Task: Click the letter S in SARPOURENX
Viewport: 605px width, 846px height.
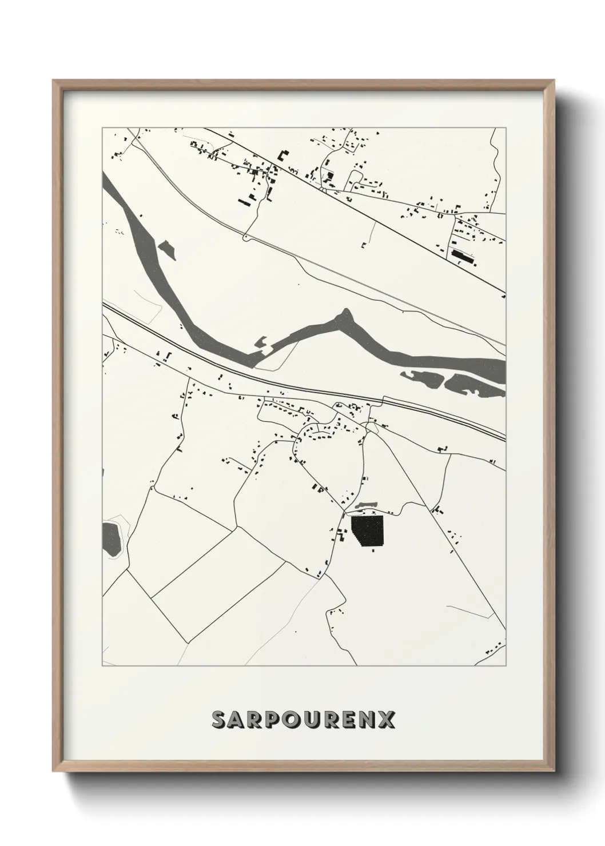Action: point(220,720)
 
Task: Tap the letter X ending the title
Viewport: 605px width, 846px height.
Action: point(387,720)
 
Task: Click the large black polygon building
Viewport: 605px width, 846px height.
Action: point(367,531)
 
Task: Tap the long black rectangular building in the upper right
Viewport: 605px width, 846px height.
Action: point(464,256)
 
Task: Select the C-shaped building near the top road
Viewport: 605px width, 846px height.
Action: point(283,154)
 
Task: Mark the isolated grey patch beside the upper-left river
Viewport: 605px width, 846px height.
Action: point(167,249)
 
